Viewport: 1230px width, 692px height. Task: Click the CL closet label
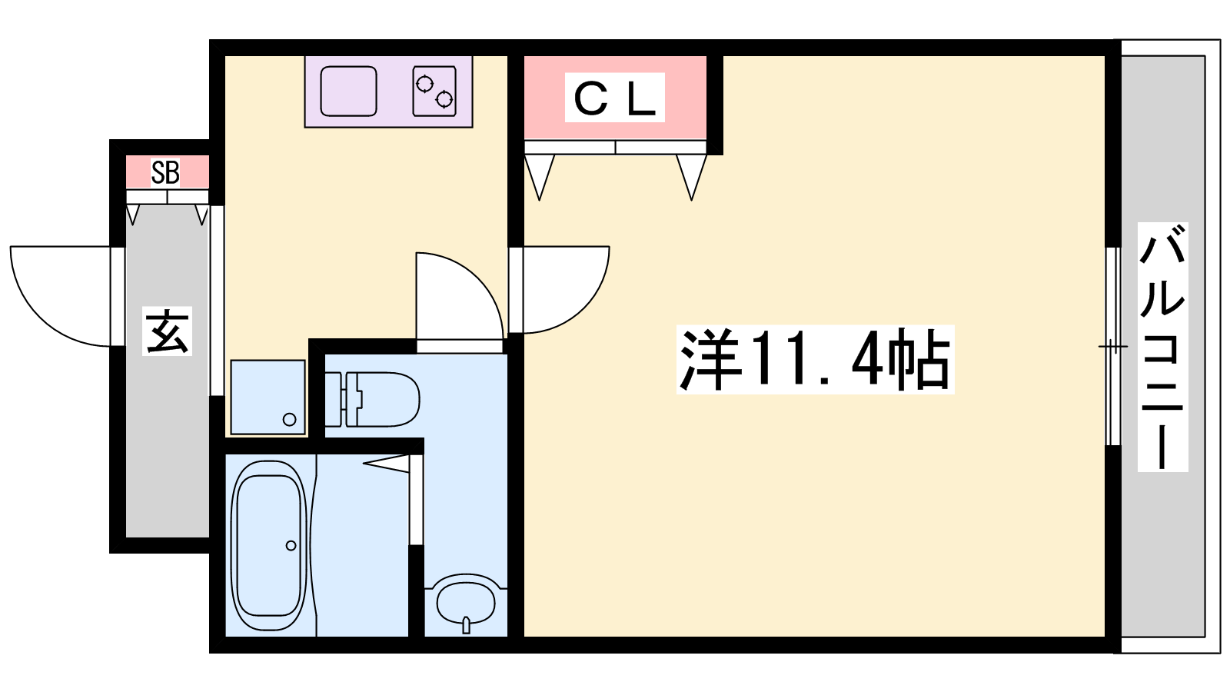click(614, 98)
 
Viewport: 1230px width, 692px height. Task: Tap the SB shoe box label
click(165, 172)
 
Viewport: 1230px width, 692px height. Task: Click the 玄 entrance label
click(167, 331)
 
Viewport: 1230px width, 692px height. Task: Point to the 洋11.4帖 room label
click(815, 360)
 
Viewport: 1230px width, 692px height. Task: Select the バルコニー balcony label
click(1162, 347)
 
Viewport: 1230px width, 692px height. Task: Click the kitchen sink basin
click(348, 91)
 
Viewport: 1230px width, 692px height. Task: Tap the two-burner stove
click(434, 91)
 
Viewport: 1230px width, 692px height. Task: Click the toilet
click(372, 399)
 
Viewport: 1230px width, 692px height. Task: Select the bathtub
click(268, 545)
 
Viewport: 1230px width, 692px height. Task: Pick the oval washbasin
click(466, 603)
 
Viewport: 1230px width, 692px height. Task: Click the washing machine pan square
click(268, 397)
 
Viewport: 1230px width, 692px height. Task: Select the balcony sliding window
click(1112, 347)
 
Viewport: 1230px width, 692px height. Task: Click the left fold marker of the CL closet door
click(539, 177)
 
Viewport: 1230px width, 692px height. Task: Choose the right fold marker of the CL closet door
click(691, 177)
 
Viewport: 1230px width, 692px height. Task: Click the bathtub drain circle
click(291, 545)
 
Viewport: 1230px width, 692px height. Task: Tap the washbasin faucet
click(466, 625)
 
